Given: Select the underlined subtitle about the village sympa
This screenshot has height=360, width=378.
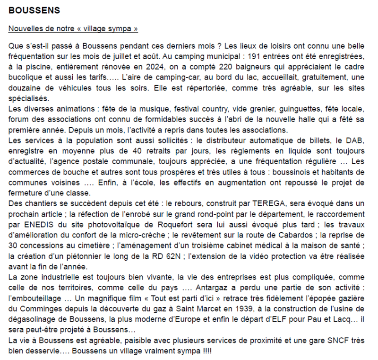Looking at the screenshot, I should click(x=73, y=29).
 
